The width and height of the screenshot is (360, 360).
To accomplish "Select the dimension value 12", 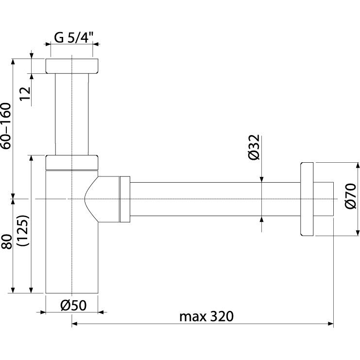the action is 25,93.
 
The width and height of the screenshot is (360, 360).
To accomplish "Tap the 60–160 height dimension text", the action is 6,126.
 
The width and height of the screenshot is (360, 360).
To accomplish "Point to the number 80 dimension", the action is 6,241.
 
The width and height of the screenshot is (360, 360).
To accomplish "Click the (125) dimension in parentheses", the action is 23,230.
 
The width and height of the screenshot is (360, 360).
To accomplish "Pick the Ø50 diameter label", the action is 73,306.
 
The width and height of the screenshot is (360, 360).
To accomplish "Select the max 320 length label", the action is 206,316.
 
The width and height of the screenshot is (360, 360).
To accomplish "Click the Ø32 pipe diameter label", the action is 254,147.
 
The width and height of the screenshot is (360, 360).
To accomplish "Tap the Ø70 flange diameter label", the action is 351,196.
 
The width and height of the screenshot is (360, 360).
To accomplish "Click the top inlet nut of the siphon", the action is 72,66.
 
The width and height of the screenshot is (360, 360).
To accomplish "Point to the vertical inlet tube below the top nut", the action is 71,114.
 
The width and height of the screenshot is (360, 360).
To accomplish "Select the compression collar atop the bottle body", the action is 72,163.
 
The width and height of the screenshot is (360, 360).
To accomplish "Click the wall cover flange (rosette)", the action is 307,199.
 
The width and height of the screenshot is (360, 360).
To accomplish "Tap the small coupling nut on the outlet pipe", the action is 125,199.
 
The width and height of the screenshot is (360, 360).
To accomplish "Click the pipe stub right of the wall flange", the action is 324,199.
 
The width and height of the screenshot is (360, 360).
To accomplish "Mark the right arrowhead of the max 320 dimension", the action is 331,324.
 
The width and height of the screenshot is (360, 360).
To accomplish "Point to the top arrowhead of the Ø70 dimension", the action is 358,165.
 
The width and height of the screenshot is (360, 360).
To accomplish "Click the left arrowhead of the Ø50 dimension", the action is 43,312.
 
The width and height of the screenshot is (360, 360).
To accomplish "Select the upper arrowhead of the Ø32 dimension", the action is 261,180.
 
